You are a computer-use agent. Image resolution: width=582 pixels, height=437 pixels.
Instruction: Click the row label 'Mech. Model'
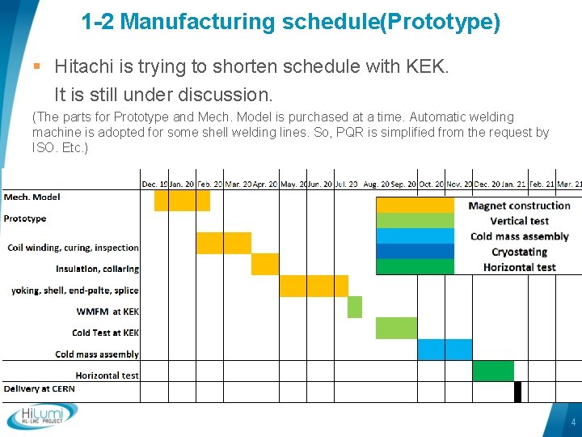32,197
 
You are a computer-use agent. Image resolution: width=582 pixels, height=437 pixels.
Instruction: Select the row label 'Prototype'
25,218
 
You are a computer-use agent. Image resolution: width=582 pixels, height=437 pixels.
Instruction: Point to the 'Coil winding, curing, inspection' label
74,248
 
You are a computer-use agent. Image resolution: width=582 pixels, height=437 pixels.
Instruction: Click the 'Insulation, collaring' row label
98,269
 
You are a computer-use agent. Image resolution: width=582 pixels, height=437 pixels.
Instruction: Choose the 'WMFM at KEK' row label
108,311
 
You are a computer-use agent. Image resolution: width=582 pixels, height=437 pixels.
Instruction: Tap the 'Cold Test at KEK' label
105,333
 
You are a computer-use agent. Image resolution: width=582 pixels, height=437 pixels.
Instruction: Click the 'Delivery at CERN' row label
38,388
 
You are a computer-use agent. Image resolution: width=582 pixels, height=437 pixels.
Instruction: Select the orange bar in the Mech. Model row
182,200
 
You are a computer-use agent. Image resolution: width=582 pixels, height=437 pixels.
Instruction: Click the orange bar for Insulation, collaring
264,264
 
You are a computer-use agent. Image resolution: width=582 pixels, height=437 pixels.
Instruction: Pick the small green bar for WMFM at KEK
355,307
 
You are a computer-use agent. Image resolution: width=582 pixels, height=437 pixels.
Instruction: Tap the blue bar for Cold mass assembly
445,349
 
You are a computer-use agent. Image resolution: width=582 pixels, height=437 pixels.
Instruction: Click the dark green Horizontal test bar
493,371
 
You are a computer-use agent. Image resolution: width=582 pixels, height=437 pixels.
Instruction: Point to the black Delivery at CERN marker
517,391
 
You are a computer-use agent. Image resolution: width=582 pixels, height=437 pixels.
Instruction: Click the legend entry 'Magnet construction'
519,206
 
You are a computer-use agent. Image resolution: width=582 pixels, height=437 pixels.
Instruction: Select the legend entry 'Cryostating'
519,252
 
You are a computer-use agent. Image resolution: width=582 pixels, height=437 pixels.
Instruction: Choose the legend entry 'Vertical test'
519,221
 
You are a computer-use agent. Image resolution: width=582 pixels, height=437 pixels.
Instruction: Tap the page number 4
573,422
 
